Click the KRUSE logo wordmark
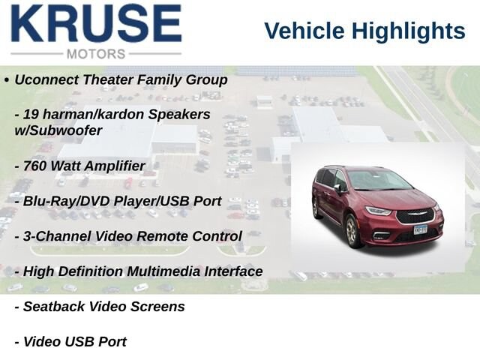pyautogui.click(x=97, y=23)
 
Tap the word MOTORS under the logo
pyautogui.click(x=96, y=54)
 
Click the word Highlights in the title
pyautogui.click(x=408, y=31)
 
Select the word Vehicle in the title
pyautogui.click(x=304, y=31)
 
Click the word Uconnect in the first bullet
pyautogui.click(x=46, y=79)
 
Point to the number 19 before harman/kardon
pyautogui.click(x=31, y=115)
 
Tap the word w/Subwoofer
pyautogui.click(x=58, y=130)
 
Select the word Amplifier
pyautogui.click(x=115, y=166)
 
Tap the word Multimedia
pyautogui.click(x=163, y=271)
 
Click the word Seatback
pyautogui.click(x=54, y=307)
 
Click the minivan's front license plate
pyautogui.click(x=420, y=229)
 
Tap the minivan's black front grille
pyautogui.click(x=415, y=216)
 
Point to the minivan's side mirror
pyautogui.click(x=337, y=188)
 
